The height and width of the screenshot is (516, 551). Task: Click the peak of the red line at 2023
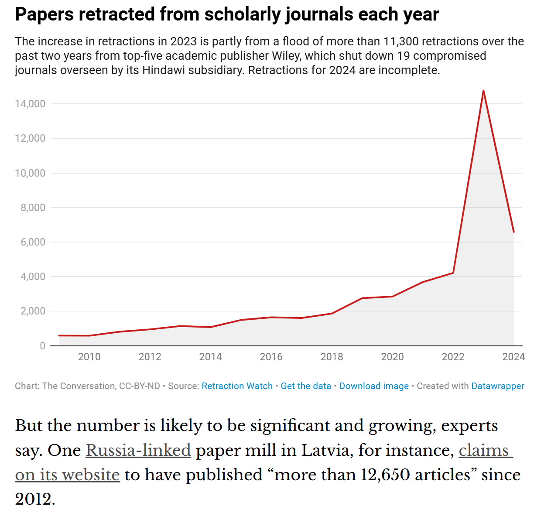(x=483, y=91)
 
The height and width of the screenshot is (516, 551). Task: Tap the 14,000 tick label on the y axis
(x=30, y=104)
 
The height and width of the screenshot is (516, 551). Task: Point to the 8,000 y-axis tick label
(x=33, y=208)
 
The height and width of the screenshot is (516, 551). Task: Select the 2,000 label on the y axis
(x=33, y=311)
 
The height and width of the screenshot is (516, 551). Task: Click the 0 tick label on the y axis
(x=42, y=346)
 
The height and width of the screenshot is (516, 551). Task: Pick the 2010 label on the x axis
(x=89, y=357)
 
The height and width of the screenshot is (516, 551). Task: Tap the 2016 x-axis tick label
(x=271, y=357)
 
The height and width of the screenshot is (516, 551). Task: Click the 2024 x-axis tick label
(x=513, y=357)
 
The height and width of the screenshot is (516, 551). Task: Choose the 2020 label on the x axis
(x=392, y=357)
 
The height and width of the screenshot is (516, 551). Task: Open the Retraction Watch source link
(x=237, y=386)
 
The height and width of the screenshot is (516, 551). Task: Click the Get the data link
(x=306, y=386)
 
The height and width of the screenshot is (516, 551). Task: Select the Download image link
(x=374, y=386)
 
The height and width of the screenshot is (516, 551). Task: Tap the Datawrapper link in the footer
(x=498, y=386)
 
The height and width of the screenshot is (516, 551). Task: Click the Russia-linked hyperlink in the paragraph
(x=138, y=450)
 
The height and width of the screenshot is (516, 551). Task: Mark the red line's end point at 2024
(x=513, y=232)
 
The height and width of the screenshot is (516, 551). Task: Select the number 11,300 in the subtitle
(x=401, y=41)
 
